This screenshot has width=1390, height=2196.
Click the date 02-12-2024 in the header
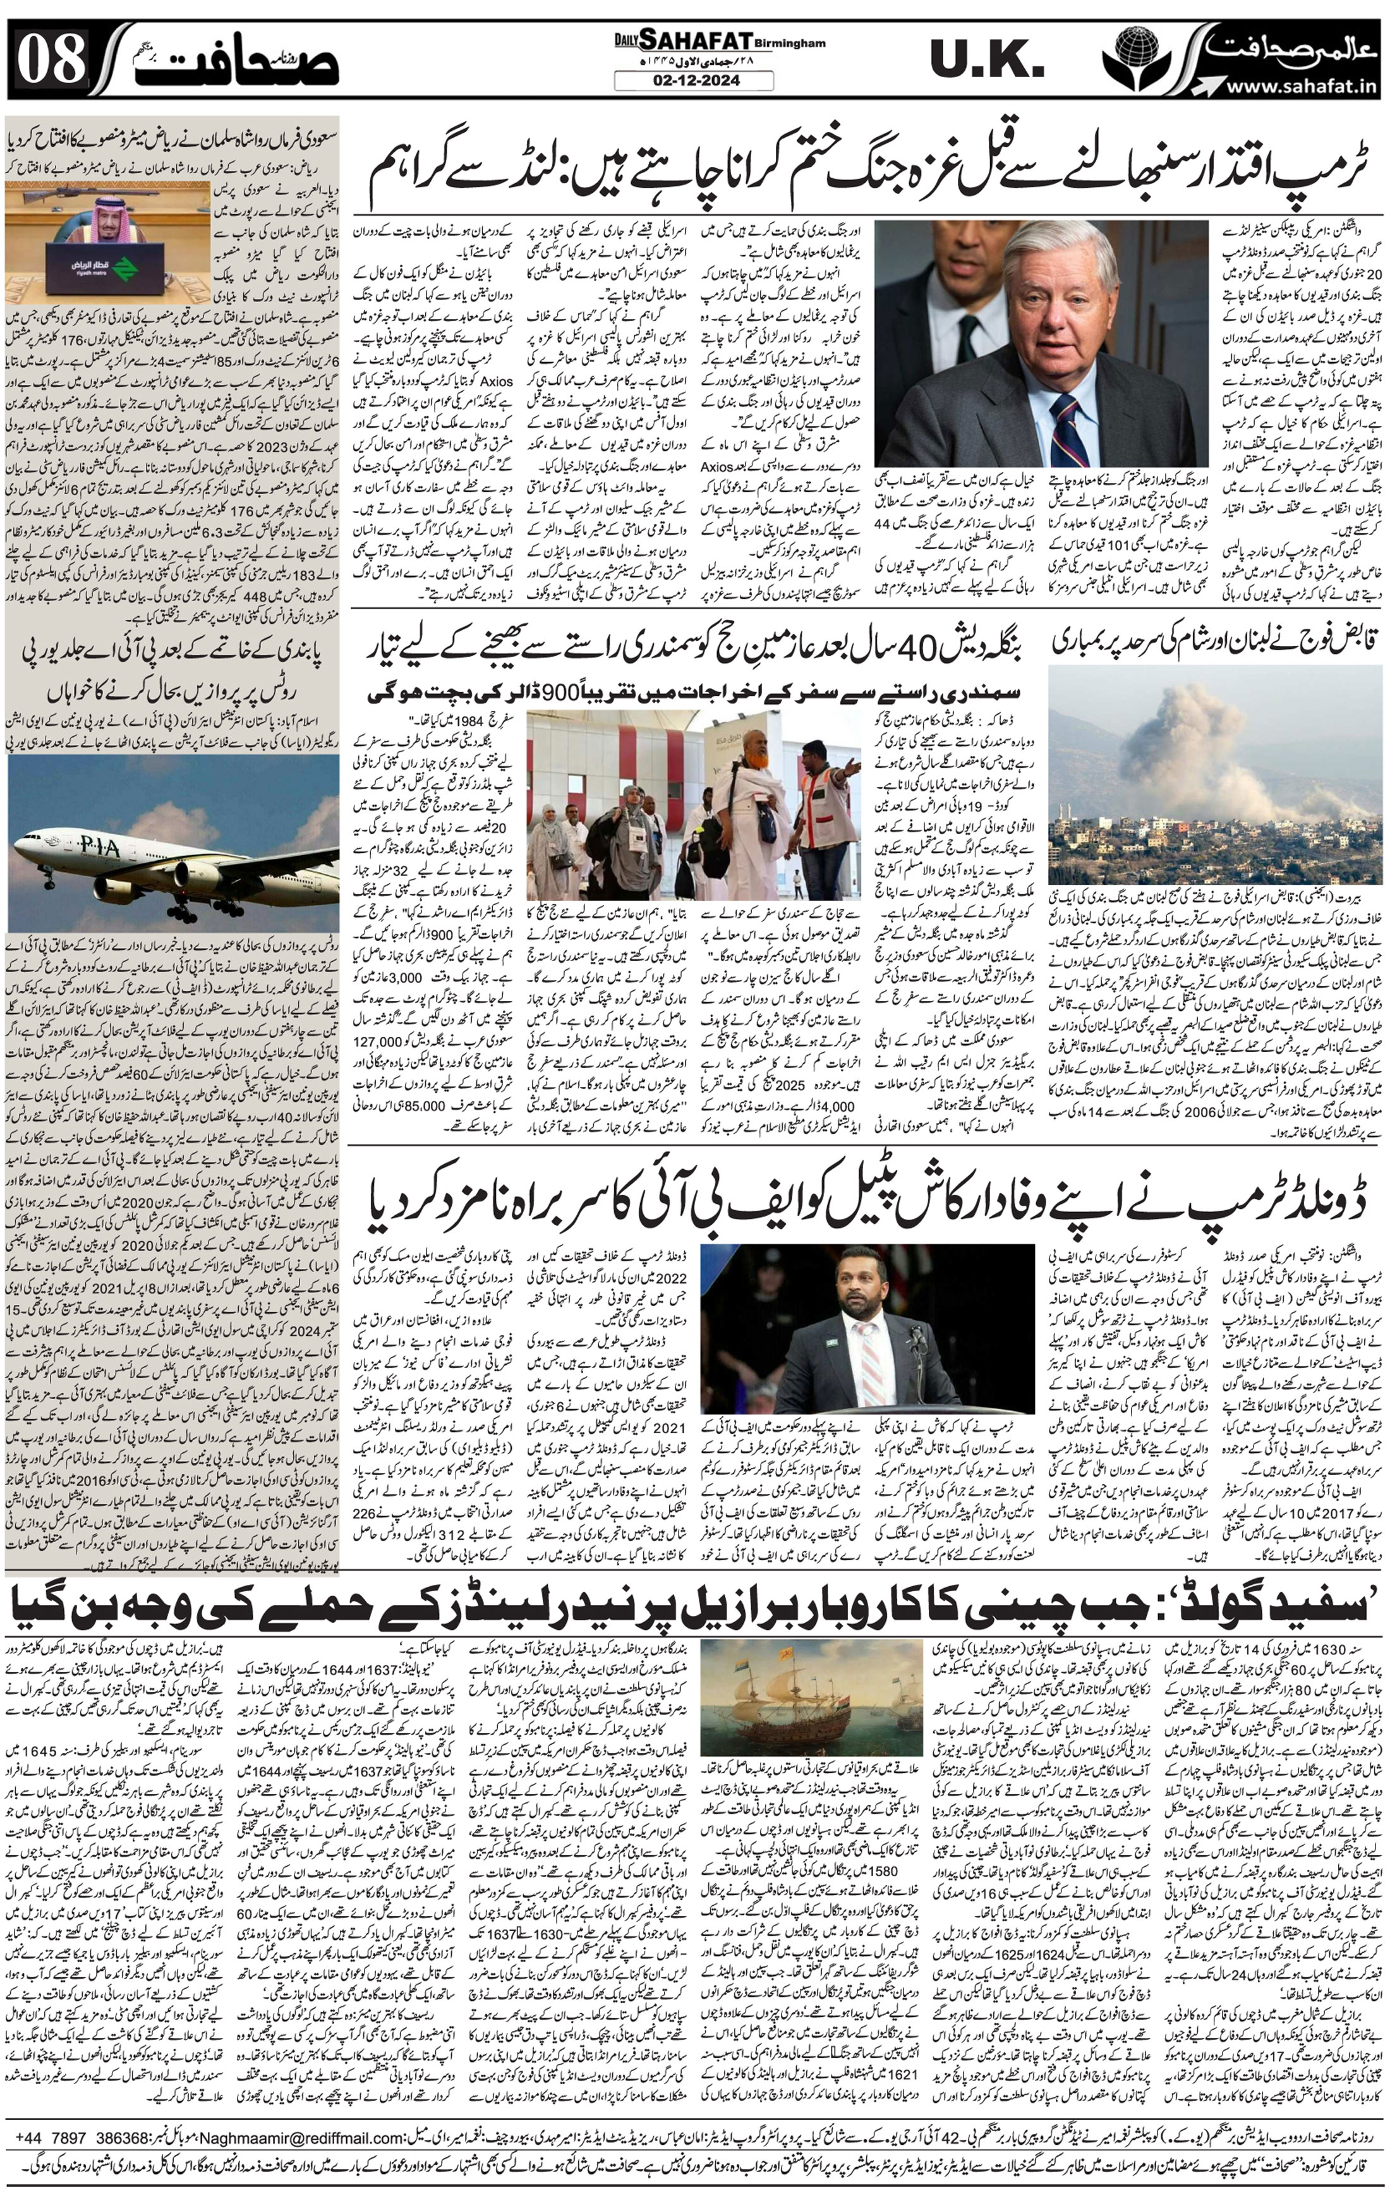click(693, 81)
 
